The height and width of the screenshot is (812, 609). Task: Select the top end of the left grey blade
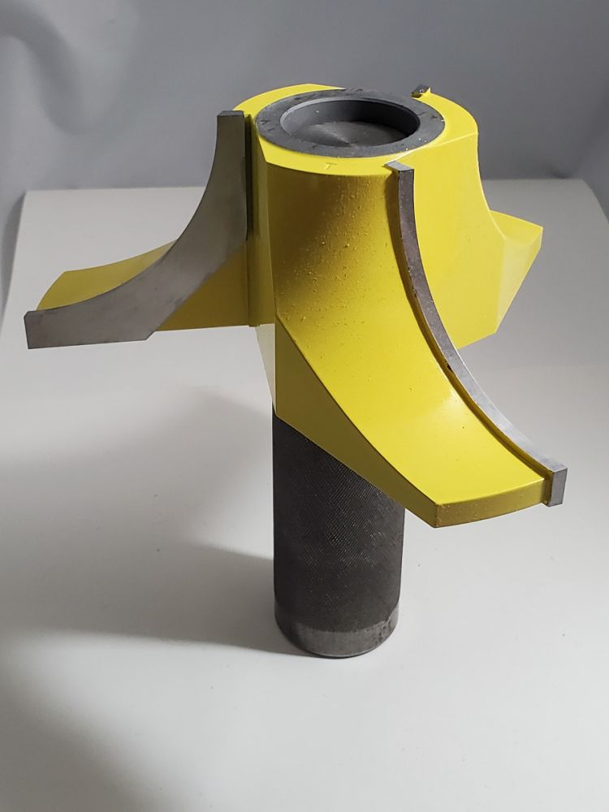(x=231, y=120)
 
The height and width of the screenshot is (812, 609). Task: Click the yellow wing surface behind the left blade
(x=97, y=284)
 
